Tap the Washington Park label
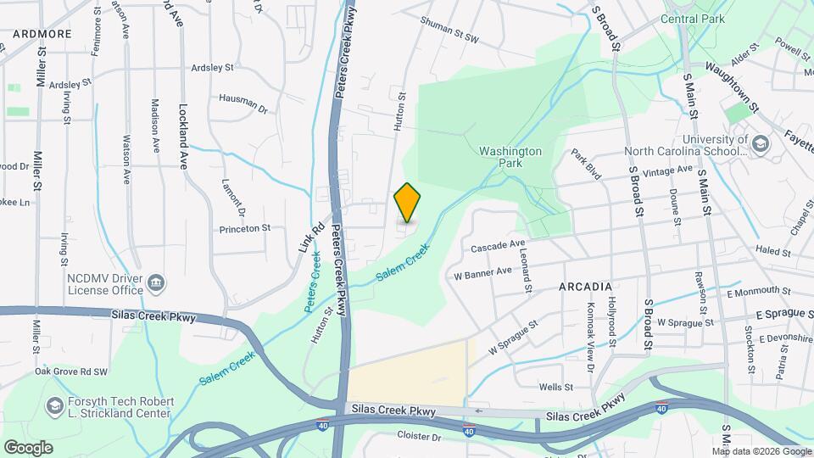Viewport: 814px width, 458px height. (510, 157)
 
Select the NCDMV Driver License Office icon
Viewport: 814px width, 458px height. (155, 282)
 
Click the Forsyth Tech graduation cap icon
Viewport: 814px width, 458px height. (55, 406)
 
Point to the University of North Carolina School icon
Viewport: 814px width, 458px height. (760, 144)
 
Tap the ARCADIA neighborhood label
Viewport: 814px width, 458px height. (585, 287)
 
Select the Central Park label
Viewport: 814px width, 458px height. (693, 18)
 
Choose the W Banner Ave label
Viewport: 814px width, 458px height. (482, 272)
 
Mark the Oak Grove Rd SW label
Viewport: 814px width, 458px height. (71, 371)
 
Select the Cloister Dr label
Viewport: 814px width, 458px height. (420, 436)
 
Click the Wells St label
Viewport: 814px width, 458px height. (556, 387)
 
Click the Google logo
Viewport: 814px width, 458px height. (28, 447)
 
